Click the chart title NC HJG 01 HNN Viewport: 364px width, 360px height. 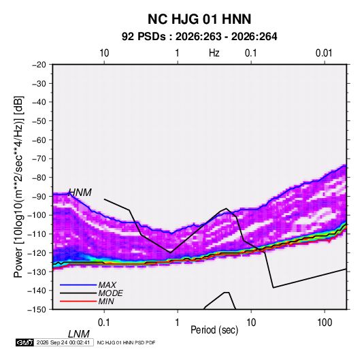[x=199, y=19]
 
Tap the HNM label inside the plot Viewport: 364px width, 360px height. [x=80, y=193]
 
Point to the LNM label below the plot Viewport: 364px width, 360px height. [x=79, y=334]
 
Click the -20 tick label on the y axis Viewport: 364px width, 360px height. [x=39, y=65]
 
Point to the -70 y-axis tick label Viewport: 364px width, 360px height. [x=39, y=159]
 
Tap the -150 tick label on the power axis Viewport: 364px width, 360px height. [x=37, y=310]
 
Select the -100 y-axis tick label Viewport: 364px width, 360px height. [x=37, y=215]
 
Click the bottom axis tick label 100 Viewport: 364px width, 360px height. [x=325, y=323]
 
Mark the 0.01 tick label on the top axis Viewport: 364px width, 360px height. [x=324, y=53]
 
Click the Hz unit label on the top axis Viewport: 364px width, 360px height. [x=214, y=53]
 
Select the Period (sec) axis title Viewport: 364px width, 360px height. [x=214, y=330]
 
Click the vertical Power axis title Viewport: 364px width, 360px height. [x=18, y=187]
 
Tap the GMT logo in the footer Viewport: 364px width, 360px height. [x=25, y=342]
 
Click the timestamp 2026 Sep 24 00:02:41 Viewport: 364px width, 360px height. [x=63, y=342]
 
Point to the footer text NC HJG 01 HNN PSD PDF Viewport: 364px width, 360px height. [x=126, y=342]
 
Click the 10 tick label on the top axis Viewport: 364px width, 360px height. [x=104, y=53]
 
